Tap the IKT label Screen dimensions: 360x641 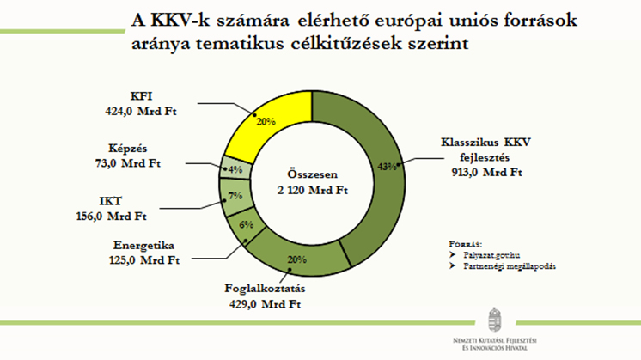point(109,201)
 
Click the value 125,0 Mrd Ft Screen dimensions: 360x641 point(149,259)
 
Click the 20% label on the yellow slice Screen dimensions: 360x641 point(265,121)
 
